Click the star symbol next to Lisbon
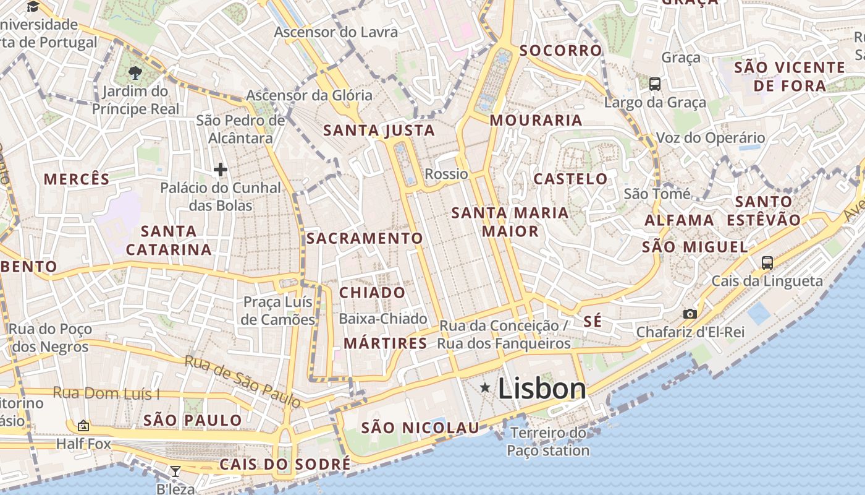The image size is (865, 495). tap(486, 388)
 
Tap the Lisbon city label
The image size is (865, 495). tap(542, 389)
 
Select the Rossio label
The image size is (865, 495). tap(446, 174)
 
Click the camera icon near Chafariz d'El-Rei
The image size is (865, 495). tap(690, 314)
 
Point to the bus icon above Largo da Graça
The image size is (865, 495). tap(655, 84)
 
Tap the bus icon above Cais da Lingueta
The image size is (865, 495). tap(767, 262)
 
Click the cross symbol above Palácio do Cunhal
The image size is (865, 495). tap(221, 169)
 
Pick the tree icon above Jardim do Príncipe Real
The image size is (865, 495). tap(135, 73)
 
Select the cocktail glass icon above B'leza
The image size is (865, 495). tap(175, 471)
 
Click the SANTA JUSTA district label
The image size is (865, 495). tap(379, 131)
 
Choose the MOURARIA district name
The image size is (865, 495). tap(536, 120)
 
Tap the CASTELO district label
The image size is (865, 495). tap(570, 179)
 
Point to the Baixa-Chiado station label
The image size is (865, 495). tap(383, 319)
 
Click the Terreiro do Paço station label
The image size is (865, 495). tap(548, 441)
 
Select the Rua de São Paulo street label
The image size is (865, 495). tap(243, 381)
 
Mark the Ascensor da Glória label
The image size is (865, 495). tap(309, 95)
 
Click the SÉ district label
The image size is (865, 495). tap(593, 322)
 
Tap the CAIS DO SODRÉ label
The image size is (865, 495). tap(285, 464)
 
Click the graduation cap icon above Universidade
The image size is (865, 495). tap(33, 7)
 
